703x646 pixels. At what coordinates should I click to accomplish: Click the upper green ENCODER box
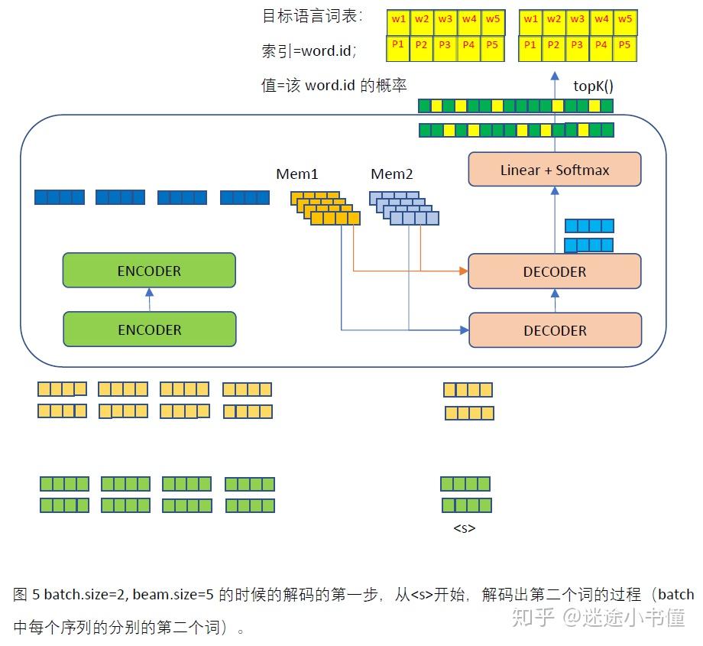point(149,271)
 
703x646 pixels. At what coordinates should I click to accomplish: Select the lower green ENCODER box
point(149,329)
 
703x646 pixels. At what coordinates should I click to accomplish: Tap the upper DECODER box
point(555,271)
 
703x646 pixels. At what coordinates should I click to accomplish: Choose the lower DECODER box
point(555,330)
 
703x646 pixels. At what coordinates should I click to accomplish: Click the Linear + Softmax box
point(555,170)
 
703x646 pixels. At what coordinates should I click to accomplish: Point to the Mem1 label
point(296,175)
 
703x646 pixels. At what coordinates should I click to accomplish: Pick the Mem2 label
point(391,175)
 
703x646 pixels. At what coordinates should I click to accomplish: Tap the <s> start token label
point(465,528)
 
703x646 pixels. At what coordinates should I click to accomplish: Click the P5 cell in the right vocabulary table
point(624,46)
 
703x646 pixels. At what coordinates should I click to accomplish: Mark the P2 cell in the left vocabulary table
point(421,46)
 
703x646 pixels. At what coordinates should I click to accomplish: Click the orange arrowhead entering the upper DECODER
point(463,271)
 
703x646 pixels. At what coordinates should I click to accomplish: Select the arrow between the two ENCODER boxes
point(150,300)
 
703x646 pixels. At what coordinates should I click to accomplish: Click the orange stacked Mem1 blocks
point(326,209)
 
